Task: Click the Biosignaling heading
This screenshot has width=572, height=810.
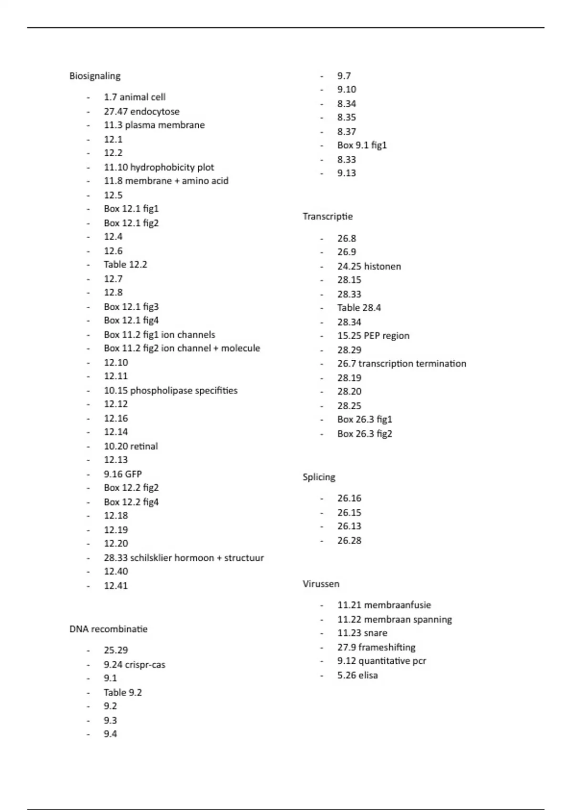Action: pyautogui.click(x=95, y=76)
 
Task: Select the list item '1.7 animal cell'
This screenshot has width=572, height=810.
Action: pyautogui.click(x=134, y=97)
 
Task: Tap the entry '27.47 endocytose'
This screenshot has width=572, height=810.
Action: pyautogui.click(x=142, y=111)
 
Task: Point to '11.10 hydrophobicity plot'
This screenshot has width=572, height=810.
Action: pyautogui.click(x=159, y=167)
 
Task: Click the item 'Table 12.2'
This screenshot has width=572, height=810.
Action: pyautogui.click(x=125, y=264)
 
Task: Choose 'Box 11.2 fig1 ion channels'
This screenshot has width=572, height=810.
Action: pyautogui.click(x=159, y=334)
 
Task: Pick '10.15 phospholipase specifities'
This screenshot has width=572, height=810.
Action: pyautogui.click(x=170, y=390)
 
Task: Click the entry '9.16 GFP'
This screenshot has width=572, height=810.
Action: pyautogui.click(x=123, y=474)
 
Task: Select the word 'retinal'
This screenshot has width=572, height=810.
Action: pyautogui.click(x=144, y=446)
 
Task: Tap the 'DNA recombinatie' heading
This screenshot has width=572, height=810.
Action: pyautogui.click(x=108, y=629)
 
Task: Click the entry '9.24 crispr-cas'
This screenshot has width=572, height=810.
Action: pyautogui.click(x=134, y=664)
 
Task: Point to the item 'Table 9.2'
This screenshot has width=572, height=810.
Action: pyautogui.click(x=123, y=692)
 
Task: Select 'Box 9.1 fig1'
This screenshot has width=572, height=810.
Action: pyautogui.click(x=362, y=145)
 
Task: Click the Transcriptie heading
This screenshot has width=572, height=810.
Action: pyautogui.click(x=327, y=216)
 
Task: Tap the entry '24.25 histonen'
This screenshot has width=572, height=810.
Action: pyautogui.click(x=369, y=266)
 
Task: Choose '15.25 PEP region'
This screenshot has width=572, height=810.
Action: pyautogui.click(x=373, y=335)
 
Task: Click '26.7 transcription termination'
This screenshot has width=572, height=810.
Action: pyautogui.click(x=401, y=364)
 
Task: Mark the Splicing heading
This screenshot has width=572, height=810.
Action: pyautogui.click(x=319, y=477)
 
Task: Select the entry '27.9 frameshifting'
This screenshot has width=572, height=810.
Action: pyautogui.click(x=376, y=647)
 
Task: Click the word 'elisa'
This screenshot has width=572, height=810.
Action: pyautogui.click(x=368, y=675)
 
